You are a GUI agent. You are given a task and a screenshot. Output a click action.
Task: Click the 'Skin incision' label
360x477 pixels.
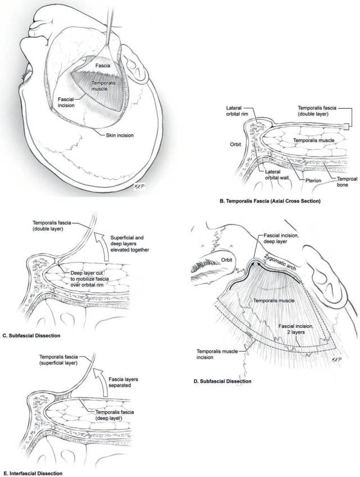[x=120, y=135]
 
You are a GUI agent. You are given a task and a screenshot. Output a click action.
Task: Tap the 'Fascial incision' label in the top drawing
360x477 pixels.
[x=66, y=102]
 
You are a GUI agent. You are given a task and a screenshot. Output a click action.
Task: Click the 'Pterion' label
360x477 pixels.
[x=313, y=181]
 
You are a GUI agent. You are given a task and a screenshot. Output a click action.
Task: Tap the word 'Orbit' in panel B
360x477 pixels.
[x=236, y=144]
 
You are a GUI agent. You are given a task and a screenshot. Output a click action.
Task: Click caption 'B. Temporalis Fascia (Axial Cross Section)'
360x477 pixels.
[x=270, y=201]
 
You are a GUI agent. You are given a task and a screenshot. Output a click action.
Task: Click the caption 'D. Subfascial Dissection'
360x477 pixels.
[x=222, y=381]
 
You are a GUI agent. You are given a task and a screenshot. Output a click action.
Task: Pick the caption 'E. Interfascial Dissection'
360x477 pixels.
[x=32, y=474]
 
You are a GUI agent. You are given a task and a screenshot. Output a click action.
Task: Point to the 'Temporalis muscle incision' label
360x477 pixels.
[x=217, y=354]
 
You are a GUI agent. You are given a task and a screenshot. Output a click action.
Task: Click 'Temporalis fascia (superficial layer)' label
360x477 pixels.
[x=58, y=359]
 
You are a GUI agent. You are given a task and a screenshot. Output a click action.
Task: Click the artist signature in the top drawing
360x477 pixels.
[x=138, y=186]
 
